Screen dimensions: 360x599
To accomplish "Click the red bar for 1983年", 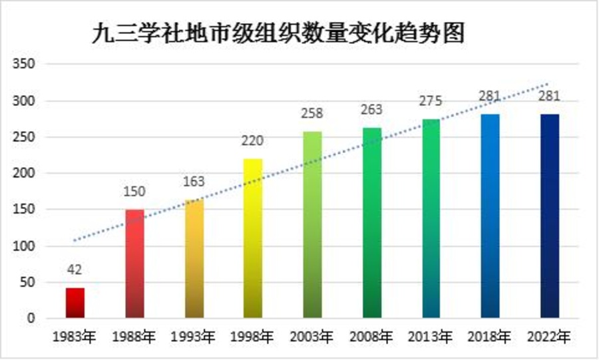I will click(75, 303).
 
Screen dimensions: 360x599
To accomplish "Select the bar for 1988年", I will click(134, 264).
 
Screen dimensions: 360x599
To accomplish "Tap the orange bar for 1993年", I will click(194, 259).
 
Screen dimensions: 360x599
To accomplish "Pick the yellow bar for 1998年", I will click(254, 238).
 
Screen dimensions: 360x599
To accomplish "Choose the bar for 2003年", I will click(313, 225).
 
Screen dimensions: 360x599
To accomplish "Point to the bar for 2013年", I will click(431, 218).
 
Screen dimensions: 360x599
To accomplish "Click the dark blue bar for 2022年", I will click(550, 216).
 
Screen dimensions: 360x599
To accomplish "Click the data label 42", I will click(75, 270).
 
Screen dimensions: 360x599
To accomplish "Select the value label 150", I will click(134, 192).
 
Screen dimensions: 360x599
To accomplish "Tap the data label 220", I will click(254, 141).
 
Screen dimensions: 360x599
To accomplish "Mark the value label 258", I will click(313, 114).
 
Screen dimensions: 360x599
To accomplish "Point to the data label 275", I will click(431, 102).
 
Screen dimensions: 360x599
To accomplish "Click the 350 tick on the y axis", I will click(25, 65).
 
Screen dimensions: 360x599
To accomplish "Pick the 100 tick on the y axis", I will click(25, 246).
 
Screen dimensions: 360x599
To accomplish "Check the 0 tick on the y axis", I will click(30, 319).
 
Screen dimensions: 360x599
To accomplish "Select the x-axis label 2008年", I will click(372, 337).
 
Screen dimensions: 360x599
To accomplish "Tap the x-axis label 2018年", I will click(491, 337).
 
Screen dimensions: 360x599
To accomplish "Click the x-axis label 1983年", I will click(75, 337).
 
